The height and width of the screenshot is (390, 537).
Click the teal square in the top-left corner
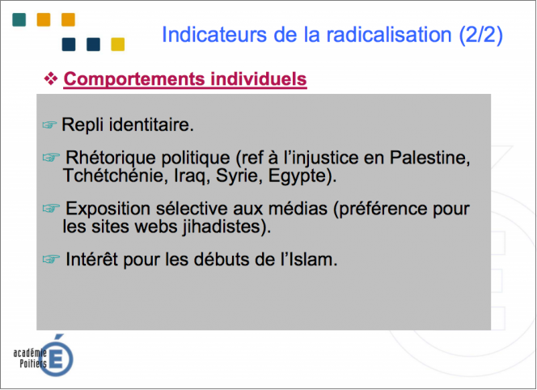(19, 19)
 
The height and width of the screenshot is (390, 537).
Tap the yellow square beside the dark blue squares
(118, 45)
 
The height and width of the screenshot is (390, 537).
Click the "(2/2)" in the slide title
(481, 35)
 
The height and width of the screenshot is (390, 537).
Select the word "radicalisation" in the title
(389, 35)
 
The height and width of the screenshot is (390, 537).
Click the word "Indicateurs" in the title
(214, 35)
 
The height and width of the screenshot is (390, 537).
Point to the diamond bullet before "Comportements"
(51, 78)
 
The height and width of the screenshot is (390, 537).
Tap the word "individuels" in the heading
(259, 78)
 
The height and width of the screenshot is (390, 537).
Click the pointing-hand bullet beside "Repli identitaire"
(49, 125)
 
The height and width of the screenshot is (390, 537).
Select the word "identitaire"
(151, 125)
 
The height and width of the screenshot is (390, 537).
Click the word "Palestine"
(429, 158)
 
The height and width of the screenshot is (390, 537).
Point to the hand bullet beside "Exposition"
(51, 208)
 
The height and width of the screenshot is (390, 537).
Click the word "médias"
(298, 209)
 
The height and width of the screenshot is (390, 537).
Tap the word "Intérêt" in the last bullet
(91, 259)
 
